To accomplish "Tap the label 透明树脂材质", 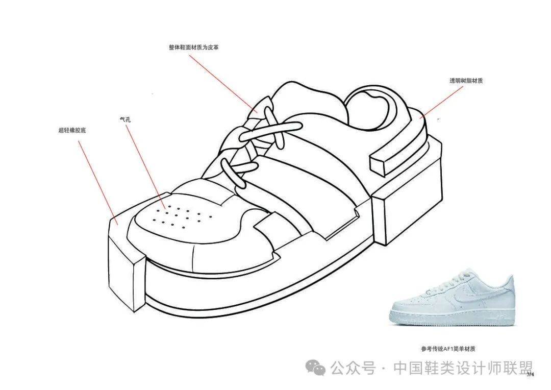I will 466,81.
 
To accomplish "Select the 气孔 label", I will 124,119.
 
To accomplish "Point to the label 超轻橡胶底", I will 72,131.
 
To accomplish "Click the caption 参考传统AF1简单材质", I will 448,349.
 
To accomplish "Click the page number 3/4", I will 530,374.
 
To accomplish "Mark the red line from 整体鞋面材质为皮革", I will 224,82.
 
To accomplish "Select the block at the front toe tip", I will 126,265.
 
